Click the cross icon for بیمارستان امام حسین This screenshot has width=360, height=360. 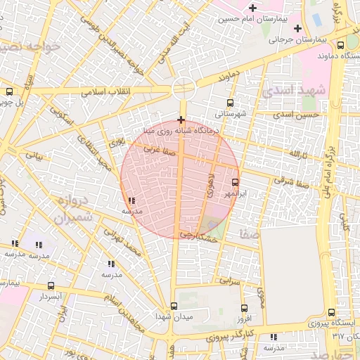point(252,7)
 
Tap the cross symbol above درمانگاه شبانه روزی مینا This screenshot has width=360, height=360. point(182,120)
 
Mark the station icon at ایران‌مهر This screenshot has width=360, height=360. point(235,182)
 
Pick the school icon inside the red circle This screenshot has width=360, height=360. point(132,200)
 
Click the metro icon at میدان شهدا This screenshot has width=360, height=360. point(174,305)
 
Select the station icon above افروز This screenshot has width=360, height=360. point(244,308)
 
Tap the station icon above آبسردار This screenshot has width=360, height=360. point(51,285)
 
